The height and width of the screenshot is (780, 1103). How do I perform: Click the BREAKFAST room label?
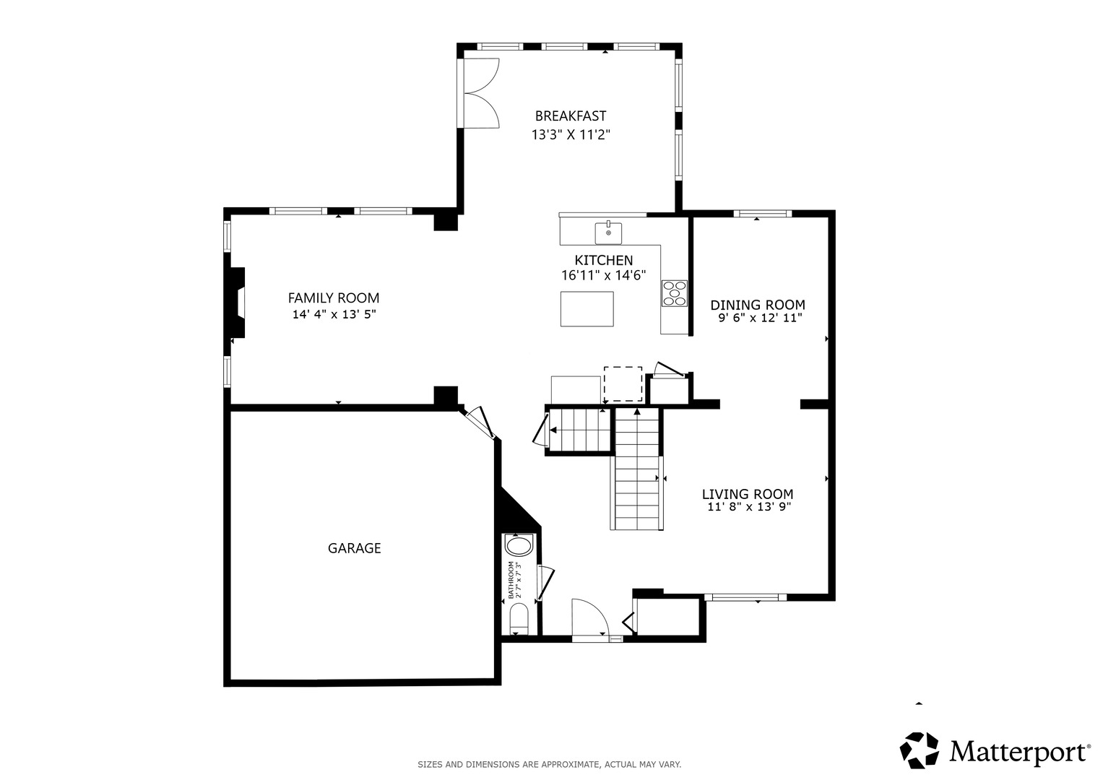(x=570, y=116)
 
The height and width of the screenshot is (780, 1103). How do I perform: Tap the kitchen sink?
(x=608, y=233)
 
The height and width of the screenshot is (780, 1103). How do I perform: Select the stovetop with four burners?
(x=674, y=293)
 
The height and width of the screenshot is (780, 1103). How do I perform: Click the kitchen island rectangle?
(x=587, y=309)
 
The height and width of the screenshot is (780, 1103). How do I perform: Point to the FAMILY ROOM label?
(x=334, y=298)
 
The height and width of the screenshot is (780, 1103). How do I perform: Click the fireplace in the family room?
(x=236, y=303)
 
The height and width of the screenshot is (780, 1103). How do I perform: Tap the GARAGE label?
(x=354, y=548)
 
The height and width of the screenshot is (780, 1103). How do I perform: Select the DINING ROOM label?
(x=757, y=305)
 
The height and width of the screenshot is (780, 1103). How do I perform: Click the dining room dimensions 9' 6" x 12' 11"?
(x=760, y=318)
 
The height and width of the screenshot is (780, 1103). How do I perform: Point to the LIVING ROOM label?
(x=748, y=494)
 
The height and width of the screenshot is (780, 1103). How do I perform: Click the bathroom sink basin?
(x=519, y=546)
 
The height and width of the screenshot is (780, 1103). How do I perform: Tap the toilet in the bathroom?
(x=518, y=620)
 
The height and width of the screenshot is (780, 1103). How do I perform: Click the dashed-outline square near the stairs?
(x=623, y=384)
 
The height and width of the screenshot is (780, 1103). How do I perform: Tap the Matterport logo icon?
(x=919, y=750)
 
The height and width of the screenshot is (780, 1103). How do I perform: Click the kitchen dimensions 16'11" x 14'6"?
(x=603, y=275)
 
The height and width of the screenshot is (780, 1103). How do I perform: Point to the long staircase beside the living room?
(x=637, y=469)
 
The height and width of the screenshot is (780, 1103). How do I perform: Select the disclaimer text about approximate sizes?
(x=549, y=764)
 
